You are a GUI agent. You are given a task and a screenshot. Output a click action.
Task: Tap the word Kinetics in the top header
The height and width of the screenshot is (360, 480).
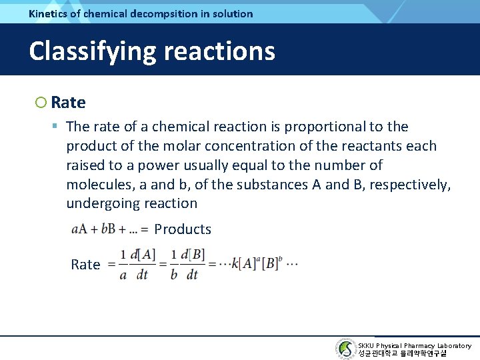click(49, 13)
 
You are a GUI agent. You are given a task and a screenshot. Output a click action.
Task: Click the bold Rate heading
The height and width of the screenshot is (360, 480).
click(68, 103)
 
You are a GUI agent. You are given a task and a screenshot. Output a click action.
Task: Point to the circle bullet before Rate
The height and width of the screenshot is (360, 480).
click(41, 103)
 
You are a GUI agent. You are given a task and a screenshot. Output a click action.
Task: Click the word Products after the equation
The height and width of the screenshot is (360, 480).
click(183, 229)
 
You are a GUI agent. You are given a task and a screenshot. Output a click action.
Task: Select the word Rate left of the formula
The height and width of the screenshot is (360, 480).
click(85, 265)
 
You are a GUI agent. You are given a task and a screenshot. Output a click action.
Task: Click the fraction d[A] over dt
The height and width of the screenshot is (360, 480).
click(142, 264)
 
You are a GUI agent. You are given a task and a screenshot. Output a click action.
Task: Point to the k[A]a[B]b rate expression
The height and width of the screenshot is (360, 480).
click(256, 263)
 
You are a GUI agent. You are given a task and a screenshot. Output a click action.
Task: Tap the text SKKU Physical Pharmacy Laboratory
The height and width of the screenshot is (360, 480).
click(414, 345)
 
